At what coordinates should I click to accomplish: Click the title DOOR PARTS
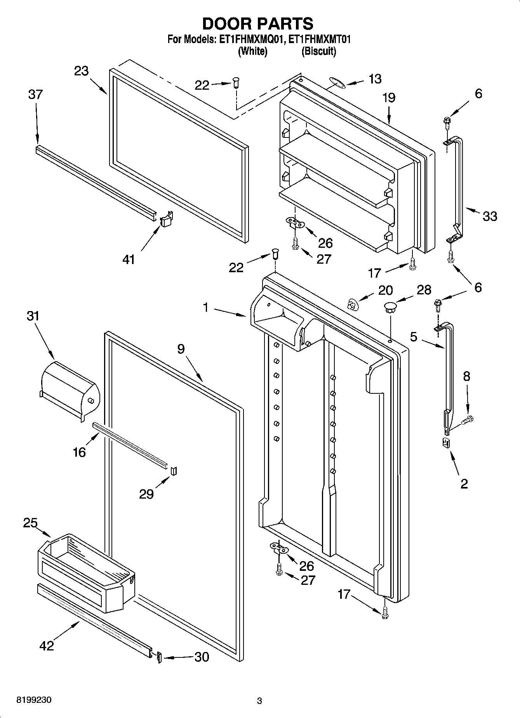[x=258, y=24]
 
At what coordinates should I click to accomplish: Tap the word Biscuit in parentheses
[x=319, y=51]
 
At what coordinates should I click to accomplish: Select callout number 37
[x=35, y=94]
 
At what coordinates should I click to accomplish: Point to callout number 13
[x=375, y=79]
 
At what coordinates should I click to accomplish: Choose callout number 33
[x=489, y=216]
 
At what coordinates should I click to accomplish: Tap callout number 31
[x=33, y=316]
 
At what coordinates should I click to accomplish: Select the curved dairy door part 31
[x=70, y=389]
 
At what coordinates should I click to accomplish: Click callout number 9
[x=181, y=349]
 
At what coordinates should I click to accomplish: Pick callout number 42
[x=47, y=645]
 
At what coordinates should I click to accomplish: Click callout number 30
[x=201, y=657]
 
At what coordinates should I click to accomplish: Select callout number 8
[x=466, y=376]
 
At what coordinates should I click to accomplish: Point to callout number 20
[x=385, y=290]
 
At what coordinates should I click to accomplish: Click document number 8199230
[x=33, y=700]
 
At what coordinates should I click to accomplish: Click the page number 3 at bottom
[x=259, y=701]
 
